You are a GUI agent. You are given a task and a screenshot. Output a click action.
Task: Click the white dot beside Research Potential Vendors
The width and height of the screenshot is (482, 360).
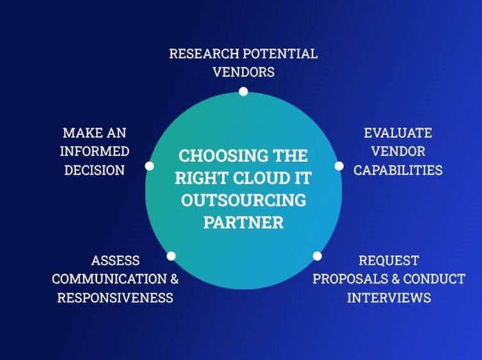coord(243,92)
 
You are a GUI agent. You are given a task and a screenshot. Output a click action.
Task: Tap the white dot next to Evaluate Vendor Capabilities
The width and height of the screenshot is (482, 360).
coord(339,166)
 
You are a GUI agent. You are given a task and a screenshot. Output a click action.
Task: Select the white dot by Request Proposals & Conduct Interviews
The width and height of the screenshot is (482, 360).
coord(317,256)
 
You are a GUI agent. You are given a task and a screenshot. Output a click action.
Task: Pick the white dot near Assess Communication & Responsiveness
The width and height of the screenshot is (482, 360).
coord(171,256)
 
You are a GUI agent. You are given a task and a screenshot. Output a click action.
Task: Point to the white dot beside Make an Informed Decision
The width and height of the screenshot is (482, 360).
coord(149,166)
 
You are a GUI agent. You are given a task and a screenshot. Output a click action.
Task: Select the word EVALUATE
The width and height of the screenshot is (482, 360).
coord(397,133)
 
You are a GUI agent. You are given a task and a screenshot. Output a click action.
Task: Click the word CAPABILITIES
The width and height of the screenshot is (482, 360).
coord(398,170)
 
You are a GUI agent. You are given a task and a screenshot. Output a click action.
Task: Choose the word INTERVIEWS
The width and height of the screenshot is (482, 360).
coord(389,298)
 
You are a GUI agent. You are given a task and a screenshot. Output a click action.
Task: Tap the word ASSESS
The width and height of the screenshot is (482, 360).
coord(115,261)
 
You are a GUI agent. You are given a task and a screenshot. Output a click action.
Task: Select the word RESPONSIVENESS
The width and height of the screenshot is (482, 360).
coord(115,298)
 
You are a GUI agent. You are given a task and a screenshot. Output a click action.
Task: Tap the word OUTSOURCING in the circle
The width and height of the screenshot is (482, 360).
coord(243,200)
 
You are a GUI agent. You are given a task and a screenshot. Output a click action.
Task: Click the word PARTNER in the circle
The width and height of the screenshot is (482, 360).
coord(243,223)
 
